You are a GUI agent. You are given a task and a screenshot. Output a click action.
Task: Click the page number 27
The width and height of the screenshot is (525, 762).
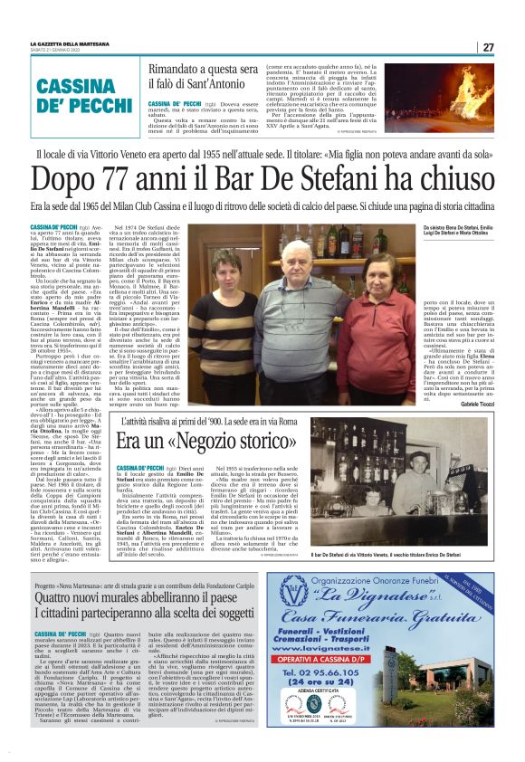click(488, 47)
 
